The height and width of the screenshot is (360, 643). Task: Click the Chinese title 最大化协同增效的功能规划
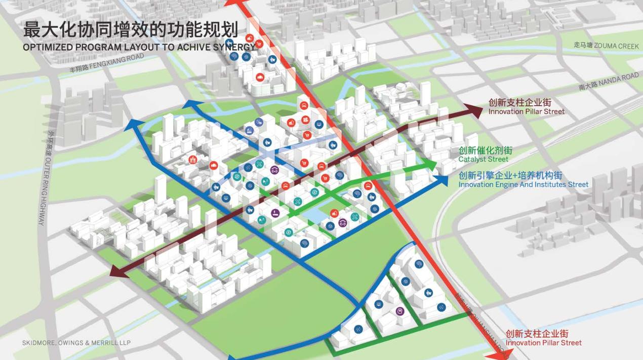[131, 29]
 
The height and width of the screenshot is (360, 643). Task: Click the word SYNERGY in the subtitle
[236, 47]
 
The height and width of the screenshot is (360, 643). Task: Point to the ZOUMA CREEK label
[606, 45]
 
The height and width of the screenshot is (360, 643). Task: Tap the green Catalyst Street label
[483, 159]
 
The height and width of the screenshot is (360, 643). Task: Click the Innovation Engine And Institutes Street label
[523, 185]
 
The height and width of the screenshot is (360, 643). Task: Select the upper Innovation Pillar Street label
[526, 111]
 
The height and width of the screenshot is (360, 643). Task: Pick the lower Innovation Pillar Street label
[543, 343]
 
